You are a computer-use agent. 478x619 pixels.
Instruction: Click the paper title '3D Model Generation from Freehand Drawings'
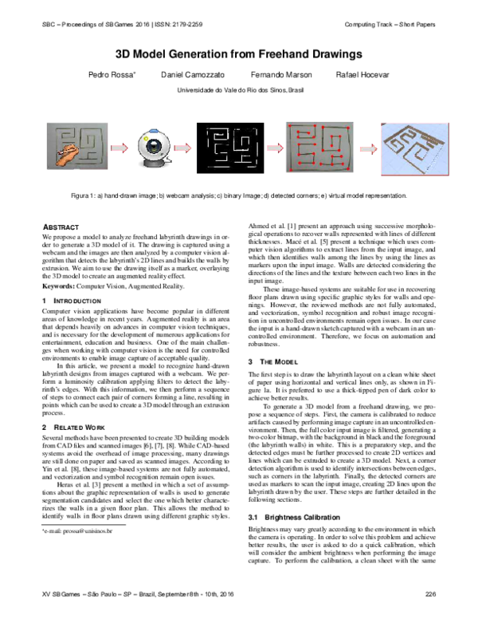[x=239, y=55]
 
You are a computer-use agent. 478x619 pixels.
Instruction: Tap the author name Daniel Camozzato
[x=190, y=75]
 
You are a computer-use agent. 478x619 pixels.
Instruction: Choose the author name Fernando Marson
[x=276, y=75]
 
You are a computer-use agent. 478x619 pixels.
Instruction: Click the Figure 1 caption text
[x=239, y=195]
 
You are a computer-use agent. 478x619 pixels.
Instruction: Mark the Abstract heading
[x=60, y=227]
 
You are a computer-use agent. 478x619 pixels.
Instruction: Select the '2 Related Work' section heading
[x=72, y=428]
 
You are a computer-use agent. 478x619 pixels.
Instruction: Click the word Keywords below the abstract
[x=57, y=285]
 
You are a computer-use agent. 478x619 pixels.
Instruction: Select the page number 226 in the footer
[x=431, y=604]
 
